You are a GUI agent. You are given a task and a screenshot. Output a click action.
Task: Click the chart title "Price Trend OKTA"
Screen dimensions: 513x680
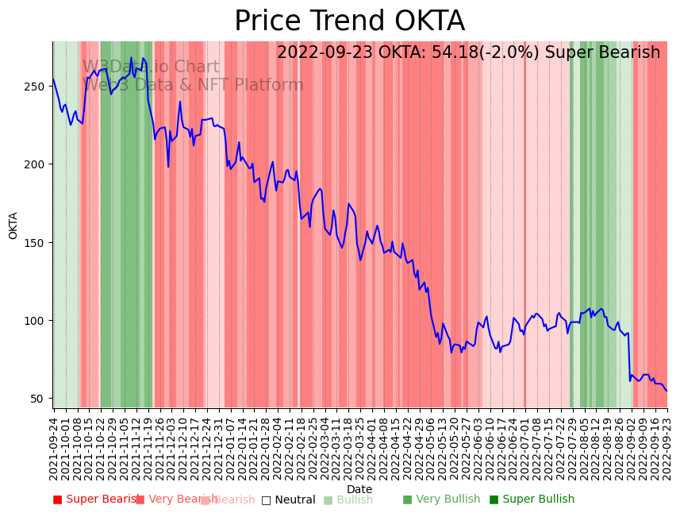[x=349, y=21]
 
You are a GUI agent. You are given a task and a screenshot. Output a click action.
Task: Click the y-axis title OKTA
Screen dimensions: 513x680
[x=13, y=226]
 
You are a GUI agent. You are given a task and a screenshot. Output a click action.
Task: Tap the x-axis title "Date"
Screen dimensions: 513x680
[x=359, y=489]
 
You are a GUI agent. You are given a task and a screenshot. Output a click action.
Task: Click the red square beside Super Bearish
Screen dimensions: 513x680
[x=57, y=499]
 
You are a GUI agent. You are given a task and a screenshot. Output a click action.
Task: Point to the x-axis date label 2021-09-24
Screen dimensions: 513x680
[x=54, y=449]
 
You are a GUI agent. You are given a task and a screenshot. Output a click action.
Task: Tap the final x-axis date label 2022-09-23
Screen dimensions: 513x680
[x=667, y=449]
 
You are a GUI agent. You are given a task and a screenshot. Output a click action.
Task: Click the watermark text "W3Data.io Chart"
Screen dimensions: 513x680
[x=151, y=67]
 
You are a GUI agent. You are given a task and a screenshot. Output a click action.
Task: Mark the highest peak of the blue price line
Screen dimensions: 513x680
[x=132, y=58]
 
